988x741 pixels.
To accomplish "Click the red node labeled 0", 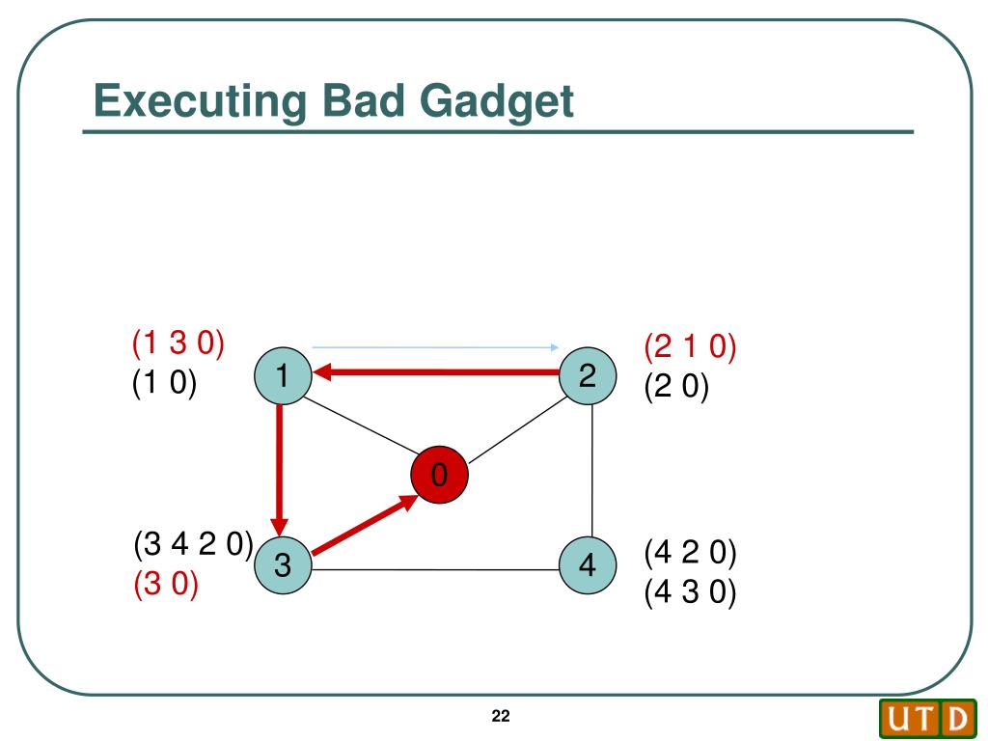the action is pos(439,475).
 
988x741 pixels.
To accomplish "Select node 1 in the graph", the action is pos(282,375).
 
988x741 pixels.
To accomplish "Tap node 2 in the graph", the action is pos(588,375).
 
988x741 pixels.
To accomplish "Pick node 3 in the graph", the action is pos(282,566).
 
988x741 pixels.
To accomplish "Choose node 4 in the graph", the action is pos(588,566).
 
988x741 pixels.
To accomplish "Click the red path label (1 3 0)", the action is pos(178,343).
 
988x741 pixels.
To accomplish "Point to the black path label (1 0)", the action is pos(164,384).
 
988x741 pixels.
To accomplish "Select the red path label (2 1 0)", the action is pos(691,346).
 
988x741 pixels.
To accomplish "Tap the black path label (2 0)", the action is pos(676,388).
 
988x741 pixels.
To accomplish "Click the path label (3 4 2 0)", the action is pos(193,546).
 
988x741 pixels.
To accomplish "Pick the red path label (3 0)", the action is pos(166,585).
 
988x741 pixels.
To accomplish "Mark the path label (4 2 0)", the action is pos(691,553).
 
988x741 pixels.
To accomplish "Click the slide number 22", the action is pos(500,716).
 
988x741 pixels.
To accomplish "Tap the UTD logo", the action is pos(926,719).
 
